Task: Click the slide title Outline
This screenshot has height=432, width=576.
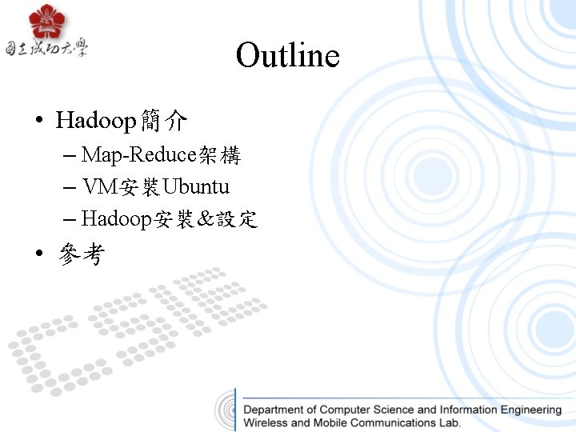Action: point(288,56)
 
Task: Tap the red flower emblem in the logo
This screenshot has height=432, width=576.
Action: point(46,22)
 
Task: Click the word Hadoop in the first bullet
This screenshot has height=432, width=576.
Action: point(96,121)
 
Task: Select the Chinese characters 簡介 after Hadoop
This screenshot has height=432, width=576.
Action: point(163,121)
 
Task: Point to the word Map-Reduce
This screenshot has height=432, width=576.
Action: point(138,155)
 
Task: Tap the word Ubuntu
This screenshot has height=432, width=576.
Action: point(196,187)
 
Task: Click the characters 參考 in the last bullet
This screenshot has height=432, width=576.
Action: point(81,255)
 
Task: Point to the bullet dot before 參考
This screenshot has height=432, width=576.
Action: point(38,256)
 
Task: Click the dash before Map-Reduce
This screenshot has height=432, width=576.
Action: point(69,156)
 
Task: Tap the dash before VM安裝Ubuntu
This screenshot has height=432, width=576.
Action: point(69,188)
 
